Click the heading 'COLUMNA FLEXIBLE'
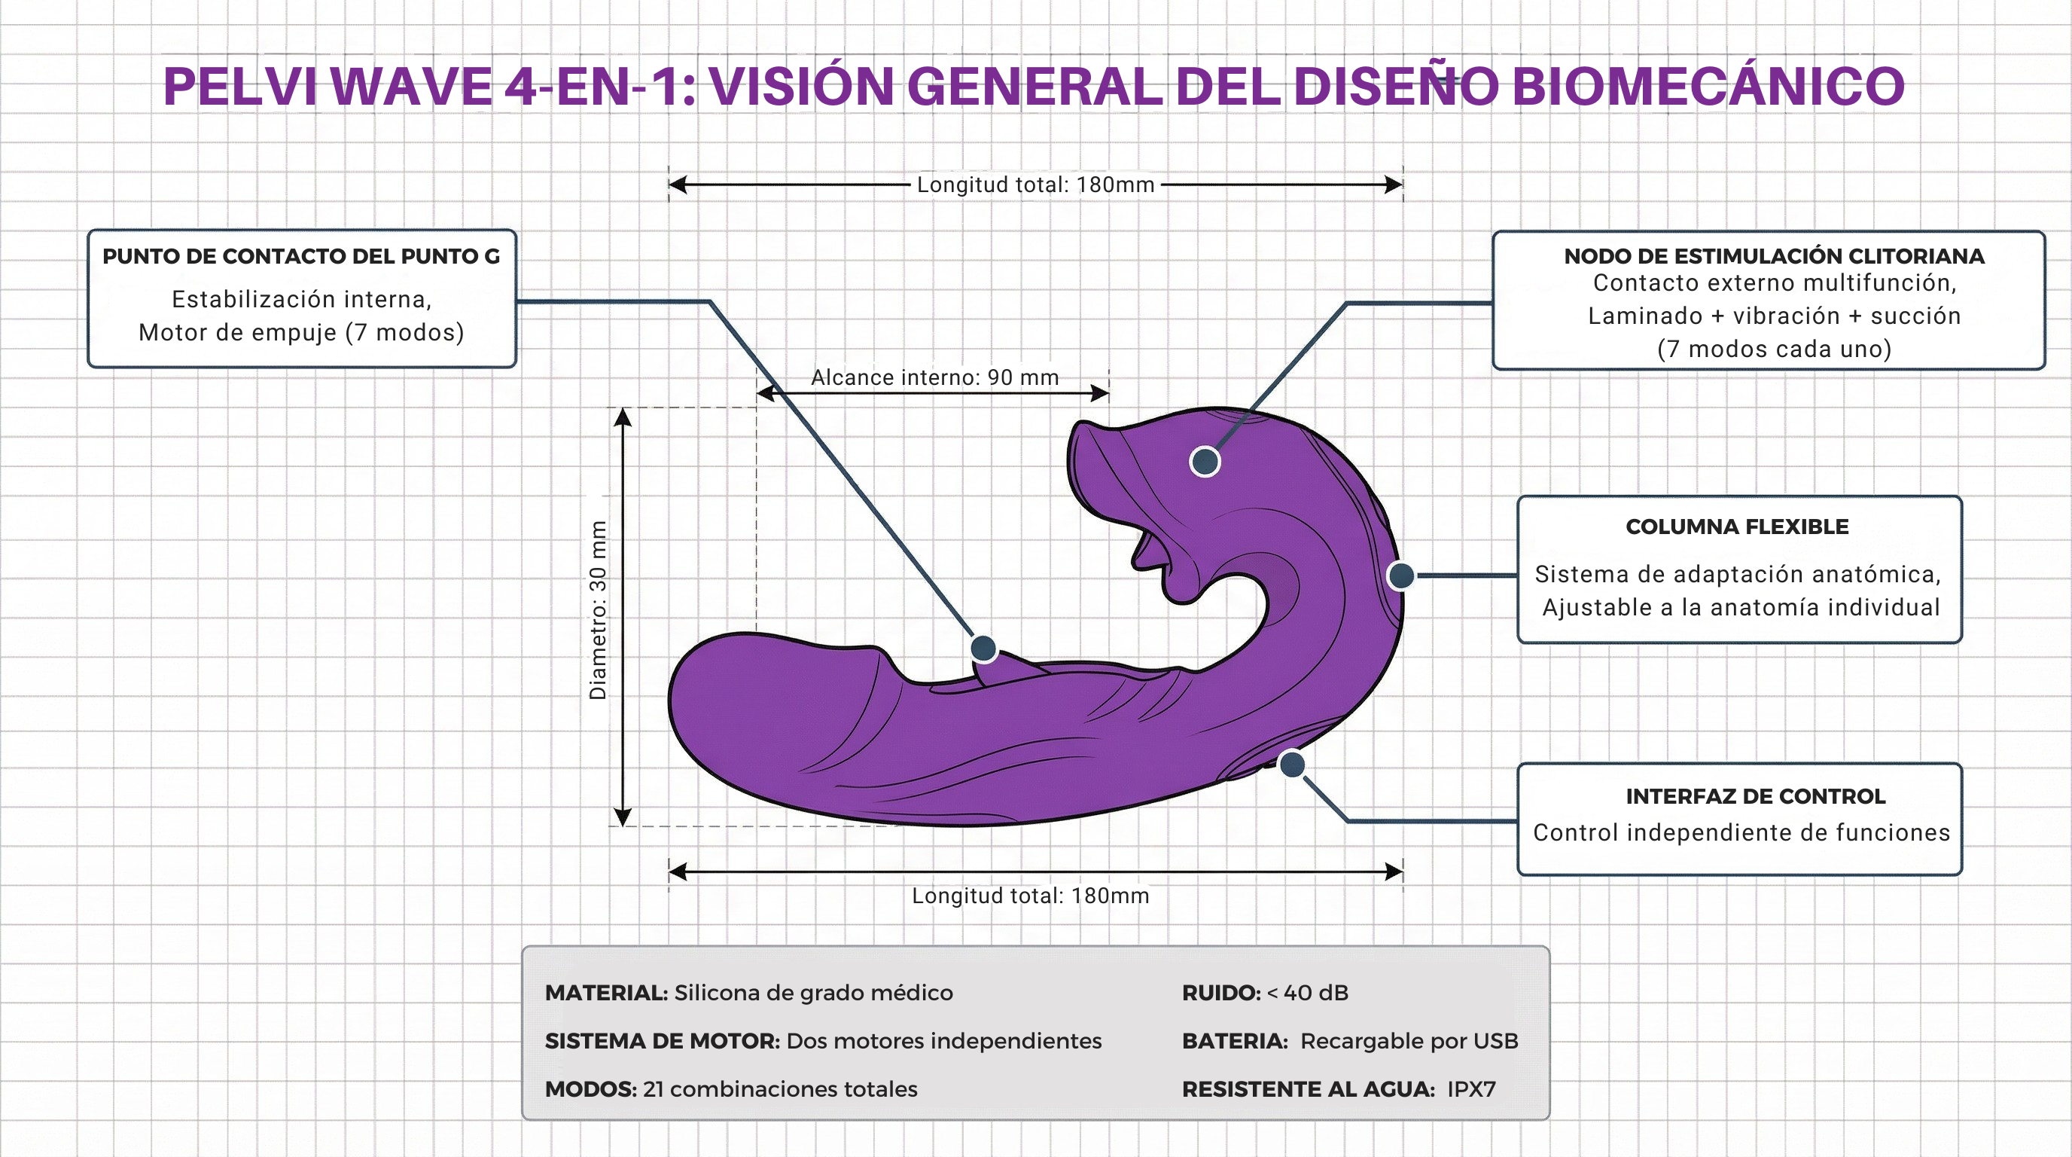pos(1737,527)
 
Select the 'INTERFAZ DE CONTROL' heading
pos(1755,796)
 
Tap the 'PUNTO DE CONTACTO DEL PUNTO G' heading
pos(301,257)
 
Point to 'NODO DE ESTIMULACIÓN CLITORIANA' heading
pos(1774,257)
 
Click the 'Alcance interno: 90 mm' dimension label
pos(934,377)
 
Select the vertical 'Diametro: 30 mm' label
pos(598,610)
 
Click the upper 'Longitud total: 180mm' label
pos(1035,185)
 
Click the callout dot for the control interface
pos(1291,765)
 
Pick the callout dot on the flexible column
pos(1400,575)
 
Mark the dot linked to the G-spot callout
pos(983,648)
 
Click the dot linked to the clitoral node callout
pos(1204,461)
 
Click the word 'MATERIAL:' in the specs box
pos(605,993)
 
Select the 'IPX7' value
pos(1471,1089)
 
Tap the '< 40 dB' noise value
pos(1307,993)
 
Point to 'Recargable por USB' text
pos(1409,1041)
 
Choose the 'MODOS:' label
pos(590,1089)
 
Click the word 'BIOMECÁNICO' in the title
pos(1708,86)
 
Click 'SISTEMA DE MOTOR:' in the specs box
pos(662,1041)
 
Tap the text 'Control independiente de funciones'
pos(1741,833)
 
